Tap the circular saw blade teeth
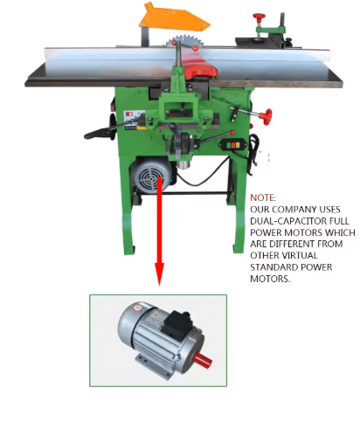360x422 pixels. (184, 41)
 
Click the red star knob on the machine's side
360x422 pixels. (266, 116)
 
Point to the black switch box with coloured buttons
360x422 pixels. (233, 145)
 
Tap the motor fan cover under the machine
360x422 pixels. (151, 176)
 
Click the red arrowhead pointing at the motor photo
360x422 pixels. (159, 274)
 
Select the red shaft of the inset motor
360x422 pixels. (203, 360)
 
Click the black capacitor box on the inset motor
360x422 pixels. (177, 325)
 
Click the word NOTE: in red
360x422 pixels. (263, 197)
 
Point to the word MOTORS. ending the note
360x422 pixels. (270, 279)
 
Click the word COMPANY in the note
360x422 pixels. (294, 210)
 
